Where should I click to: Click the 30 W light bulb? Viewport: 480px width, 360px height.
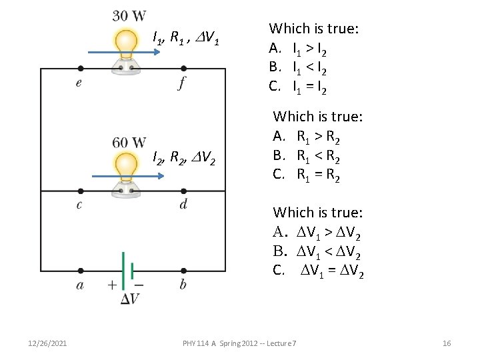pos(125,48)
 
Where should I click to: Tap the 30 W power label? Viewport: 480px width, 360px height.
pos(129,15)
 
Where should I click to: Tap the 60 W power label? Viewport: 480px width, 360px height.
pos(129,142)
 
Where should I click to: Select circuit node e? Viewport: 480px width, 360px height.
pos(81,68)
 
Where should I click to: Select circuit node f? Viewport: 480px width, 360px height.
pos(183,68)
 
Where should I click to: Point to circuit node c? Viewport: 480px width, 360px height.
pos(81,191)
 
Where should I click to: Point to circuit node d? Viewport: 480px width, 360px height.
pos(183,191)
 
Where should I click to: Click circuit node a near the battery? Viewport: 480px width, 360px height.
pos(81,271)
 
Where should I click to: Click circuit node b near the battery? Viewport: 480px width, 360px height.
pos(183,271)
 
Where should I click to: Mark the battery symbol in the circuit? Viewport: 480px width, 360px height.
pos(127,270)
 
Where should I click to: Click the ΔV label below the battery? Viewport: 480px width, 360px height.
pos(130,299)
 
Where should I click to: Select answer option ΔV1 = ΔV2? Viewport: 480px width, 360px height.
pos(319,271)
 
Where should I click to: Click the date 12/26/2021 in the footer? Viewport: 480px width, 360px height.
pos(47,343)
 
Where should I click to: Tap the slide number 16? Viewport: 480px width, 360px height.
pos(447,343)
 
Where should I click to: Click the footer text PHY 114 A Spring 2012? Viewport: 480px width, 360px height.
pos(240,343)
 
